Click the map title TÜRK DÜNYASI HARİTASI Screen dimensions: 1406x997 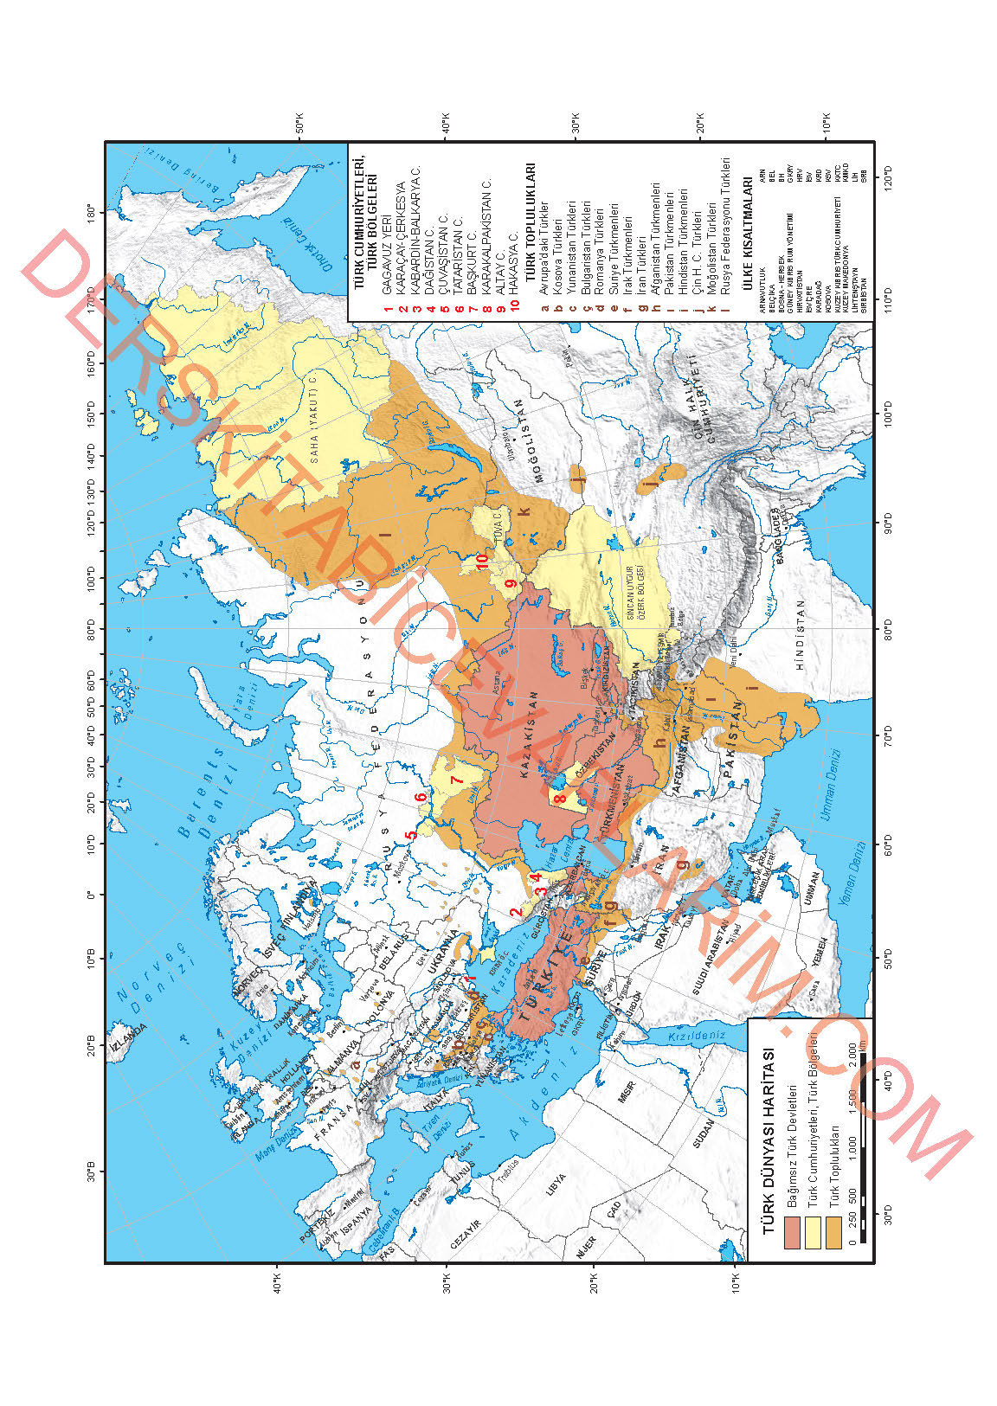(x=767, y=1141)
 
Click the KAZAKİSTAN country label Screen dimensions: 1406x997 (x=530, y=735)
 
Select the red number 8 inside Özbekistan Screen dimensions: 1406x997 (x=559, y=799)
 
